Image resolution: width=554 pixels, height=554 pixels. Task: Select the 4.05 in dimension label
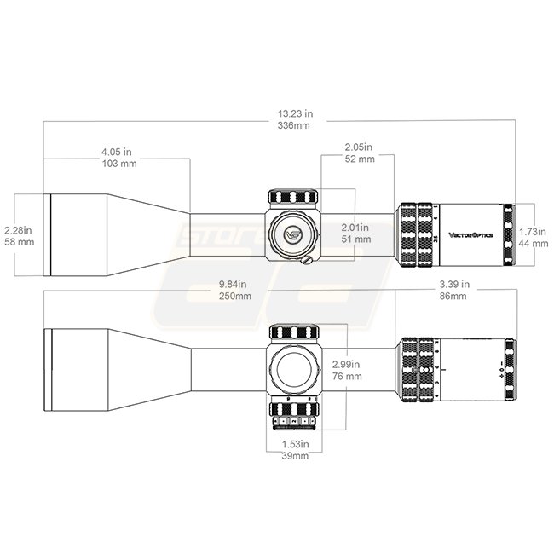coord(116,151)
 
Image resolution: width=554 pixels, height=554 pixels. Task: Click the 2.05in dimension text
coord(360,147)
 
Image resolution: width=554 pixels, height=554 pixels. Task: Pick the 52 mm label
coord(360,159)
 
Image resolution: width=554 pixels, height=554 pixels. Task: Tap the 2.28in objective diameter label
coord(19,230)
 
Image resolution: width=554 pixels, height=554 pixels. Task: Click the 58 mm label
coord(20,242)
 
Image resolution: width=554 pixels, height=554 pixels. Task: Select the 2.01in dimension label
coord(355,228)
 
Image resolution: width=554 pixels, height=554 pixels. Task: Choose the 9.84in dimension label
coord(233,284)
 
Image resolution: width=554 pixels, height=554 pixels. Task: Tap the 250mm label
coord(234,296)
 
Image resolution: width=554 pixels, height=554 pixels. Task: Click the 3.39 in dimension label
coord(453,284)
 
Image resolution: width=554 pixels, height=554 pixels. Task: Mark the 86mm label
coord(453,296)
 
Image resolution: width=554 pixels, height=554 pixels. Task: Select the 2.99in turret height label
coord(347,364)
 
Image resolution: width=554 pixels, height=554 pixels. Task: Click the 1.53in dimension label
coord(296,444)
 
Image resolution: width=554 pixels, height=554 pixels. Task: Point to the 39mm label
coord(296,456)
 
